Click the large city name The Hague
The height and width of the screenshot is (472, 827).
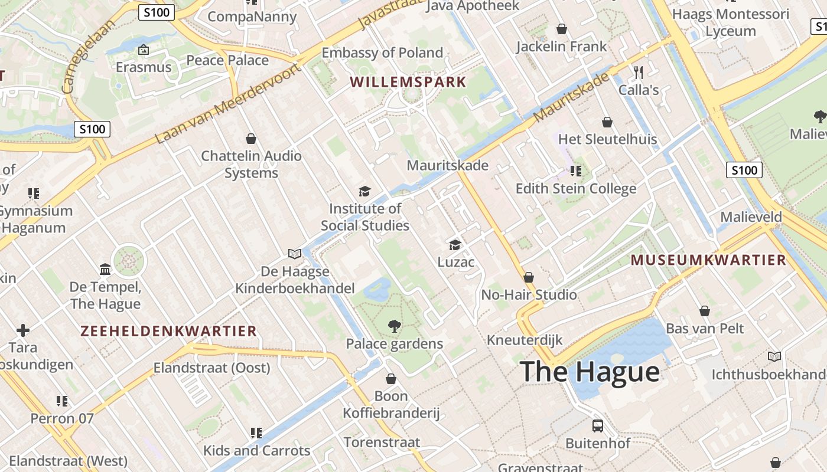click(590, 372)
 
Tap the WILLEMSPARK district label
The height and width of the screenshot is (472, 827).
click(408, 82)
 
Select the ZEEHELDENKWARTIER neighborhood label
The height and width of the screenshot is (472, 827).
click(169, 331)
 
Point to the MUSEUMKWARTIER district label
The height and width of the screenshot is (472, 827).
click(708, 260)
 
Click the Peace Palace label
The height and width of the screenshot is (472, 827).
click(227, 60)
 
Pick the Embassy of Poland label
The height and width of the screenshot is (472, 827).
click(382, 53)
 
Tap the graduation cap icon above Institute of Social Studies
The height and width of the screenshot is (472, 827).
click(364, 191)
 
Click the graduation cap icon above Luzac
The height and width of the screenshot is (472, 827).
click(455, 244)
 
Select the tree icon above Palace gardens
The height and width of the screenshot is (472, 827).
click(394, 326)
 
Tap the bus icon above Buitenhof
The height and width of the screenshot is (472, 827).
click(598, 425)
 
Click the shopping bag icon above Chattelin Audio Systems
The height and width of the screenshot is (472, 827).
click(251, 139)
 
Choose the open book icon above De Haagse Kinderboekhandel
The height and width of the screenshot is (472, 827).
click(295, 254)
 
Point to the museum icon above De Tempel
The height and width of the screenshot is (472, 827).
click(105, 270)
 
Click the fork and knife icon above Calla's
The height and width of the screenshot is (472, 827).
click(638, 73)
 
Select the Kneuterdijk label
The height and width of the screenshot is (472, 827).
click(525, 340)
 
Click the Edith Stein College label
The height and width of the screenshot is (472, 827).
click(576, 188)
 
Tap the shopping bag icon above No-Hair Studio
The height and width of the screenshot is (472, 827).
click(529, 277)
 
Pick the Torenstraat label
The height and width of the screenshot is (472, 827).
click(382, 442)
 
